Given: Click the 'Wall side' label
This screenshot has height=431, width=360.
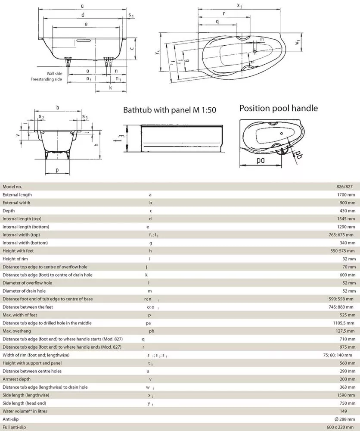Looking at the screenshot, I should click(x=54, y=74).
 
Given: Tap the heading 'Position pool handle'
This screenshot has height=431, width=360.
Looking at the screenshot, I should click(x=278, y=108).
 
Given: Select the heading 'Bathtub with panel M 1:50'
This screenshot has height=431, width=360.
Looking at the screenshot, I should click(x=170, y=110).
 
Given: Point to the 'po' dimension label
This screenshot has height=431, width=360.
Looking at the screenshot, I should click(x=261, y=161).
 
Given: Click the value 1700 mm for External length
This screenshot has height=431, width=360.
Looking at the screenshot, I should click(x=345, y=195).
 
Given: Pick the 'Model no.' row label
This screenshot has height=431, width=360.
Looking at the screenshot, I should click(x=12, y=187).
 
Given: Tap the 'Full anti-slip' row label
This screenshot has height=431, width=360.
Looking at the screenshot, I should click(x=15, y=427).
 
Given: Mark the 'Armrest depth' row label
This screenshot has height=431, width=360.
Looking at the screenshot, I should click(x=17, y=379).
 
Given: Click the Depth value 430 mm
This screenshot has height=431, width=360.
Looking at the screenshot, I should click(x=347, y=211).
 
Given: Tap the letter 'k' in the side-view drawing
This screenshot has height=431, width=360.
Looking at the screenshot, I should click(x=111, y=88).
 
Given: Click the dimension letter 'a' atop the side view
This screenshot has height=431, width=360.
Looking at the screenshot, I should click(x=82, y=6).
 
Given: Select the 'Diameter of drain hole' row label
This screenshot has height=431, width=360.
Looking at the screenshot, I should click(x=25, y=291).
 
